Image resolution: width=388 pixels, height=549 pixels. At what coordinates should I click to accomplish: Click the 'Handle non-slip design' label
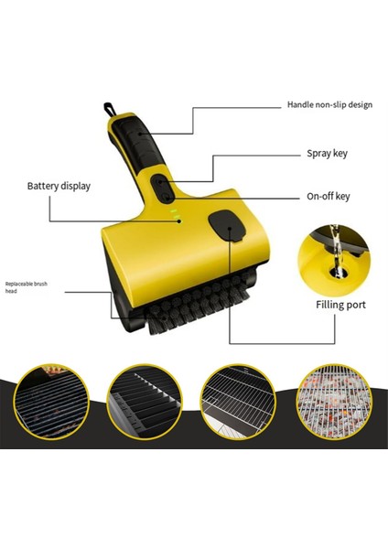pos(329,105)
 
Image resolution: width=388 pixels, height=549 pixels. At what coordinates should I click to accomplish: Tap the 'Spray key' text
pos(325,155)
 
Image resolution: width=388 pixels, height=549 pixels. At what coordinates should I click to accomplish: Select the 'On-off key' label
pos(327,196)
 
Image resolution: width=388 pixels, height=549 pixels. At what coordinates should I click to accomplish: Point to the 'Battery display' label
pos(59,186)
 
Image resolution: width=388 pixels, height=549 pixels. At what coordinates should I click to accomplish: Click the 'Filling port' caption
pos(339,304)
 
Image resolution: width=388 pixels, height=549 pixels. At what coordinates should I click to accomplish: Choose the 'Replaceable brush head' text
pos(27,287)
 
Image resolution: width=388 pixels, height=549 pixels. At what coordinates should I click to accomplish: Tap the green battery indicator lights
pos(174,214)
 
